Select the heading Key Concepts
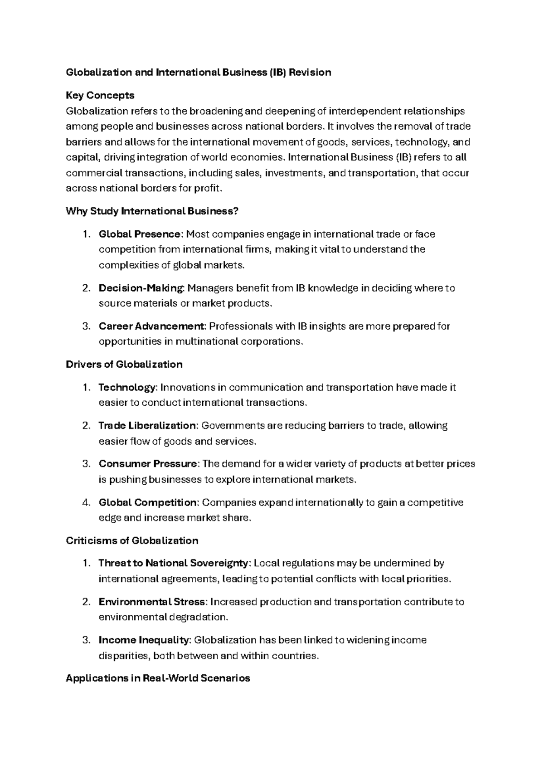tap(100, 95)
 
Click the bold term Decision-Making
tap(141, 288)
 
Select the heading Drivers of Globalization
tap(124, 364)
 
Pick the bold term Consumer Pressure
tap(148, 463)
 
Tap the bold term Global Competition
tap(148, 502)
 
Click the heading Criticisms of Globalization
tap(132, 540)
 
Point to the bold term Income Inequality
tap(144, 640)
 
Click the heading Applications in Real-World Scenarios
tap(158, 678)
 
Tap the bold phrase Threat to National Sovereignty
tap(174, 563)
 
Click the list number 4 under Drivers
tap(86, 502)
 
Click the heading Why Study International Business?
tap(152, 211)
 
